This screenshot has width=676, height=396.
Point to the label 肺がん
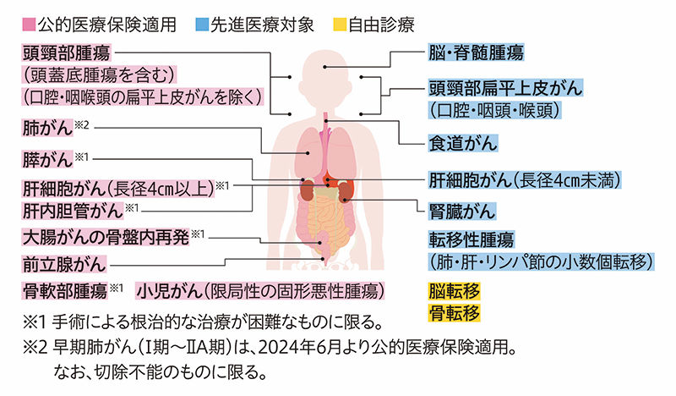[46, 129]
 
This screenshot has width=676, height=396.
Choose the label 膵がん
[46, 160]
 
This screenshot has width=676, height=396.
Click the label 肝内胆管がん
[71, 208]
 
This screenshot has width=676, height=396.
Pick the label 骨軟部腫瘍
[64, 291]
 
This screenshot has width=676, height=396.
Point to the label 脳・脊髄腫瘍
[474, 53]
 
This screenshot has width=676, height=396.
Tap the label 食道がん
[461, 142]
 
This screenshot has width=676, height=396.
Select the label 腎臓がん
[461, 211]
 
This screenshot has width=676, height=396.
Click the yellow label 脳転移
[453, 292]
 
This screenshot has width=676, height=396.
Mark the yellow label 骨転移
[453, 312]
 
